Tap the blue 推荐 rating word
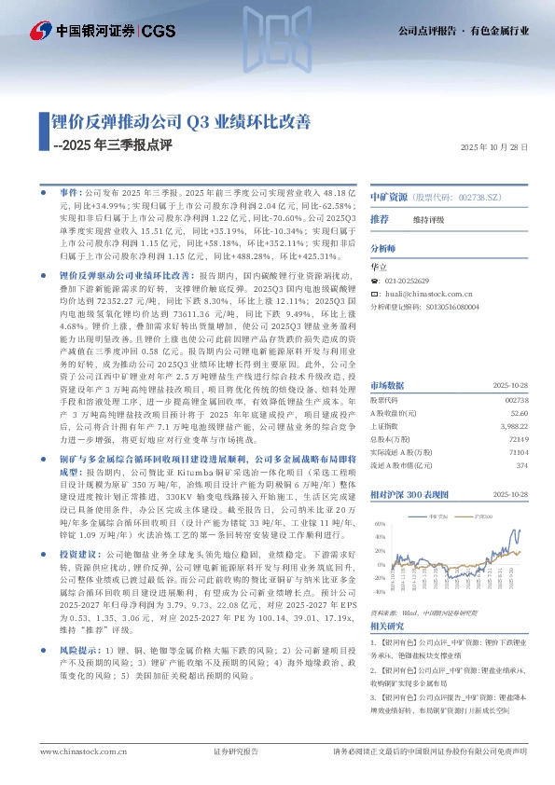point(380,219)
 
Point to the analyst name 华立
point(379,266)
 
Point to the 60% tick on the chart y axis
point(379,523)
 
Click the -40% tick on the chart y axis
point(378,591)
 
